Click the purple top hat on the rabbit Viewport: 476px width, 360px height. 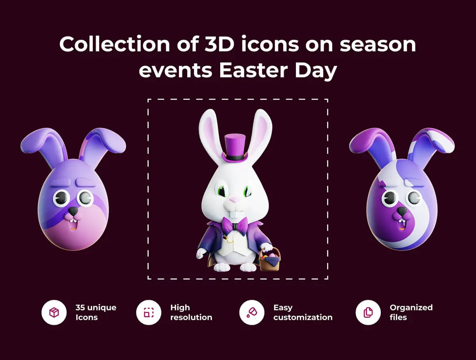235,148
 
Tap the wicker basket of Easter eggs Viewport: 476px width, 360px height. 270,260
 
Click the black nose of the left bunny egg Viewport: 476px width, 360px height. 73,211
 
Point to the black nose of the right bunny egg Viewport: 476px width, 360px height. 402,211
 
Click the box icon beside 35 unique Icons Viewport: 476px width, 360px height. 54,312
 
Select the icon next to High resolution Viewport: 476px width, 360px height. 149,312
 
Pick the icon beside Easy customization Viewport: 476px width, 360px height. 252,312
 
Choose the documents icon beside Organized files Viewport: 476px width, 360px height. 368,312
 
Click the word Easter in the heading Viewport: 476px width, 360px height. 253,71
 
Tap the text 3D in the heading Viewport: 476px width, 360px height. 220,44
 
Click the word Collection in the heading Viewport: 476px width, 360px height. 115,44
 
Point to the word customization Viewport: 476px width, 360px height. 303,317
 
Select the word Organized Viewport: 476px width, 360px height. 411,308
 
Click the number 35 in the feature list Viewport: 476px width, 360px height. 80,308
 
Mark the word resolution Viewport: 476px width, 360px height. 191,317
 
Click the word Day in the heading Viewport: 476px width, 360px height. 316,71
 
